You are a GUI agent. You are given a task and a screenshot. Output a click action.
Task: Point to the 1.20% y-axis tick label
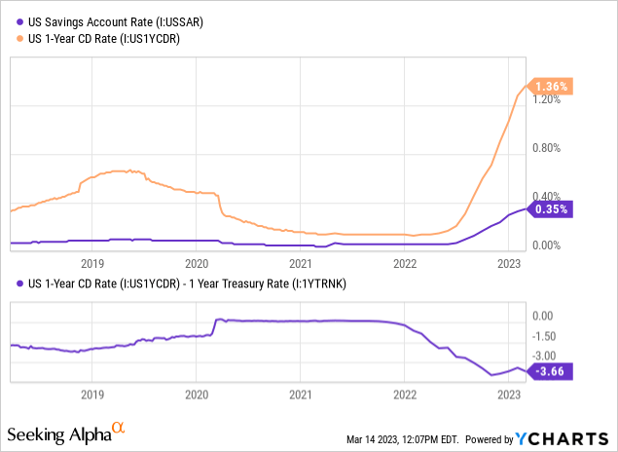click(549, 99)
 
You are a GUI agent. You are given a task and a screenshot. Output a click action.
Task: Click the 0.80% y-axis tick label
click(549, 148)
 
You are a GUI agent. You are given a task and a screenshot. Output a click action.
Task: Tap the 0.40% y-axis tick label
click(549, 197)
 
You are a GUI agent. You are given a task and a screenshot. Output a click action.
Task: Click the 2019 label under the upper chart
click(91, 263)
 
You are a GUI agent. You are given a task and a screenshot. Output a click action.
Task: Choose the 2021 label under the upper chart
click(301, 263)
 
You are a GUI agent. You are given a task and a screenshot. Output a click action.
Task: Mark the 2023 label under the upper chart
click(509, 263)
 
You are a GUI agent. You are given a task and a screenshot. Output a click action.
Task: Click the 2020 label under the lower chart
click(196, 395)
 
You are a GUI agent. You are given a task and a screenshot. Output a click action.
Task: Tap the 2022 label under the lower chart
click(405, 395)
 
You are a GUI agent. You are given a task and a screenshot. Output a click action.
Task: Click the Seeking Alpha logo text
click(58, 431)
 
